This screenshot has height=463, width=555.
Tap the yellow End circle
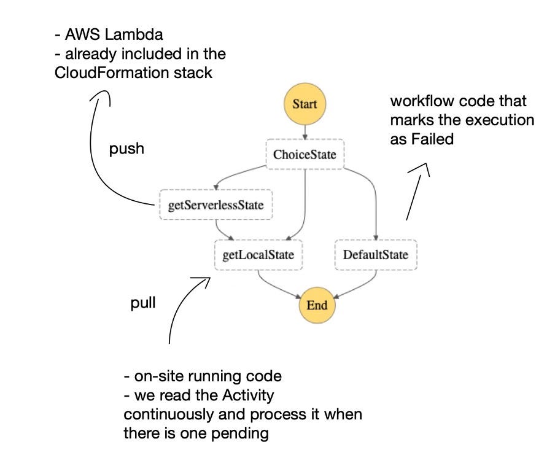pos(317,305)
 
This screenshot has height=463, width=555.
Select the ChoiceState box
pos(305,154)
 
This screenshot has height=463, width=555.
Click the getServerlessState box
pos(215,205)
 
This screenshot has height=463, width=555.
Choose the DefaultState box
pos(375,255)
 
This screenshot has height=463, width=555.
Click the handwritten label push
pos(126,149)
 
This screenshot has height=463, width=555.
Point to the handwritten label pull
pos(142,304)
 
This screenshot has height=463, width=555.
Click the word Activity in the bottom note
pos(248,395)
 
